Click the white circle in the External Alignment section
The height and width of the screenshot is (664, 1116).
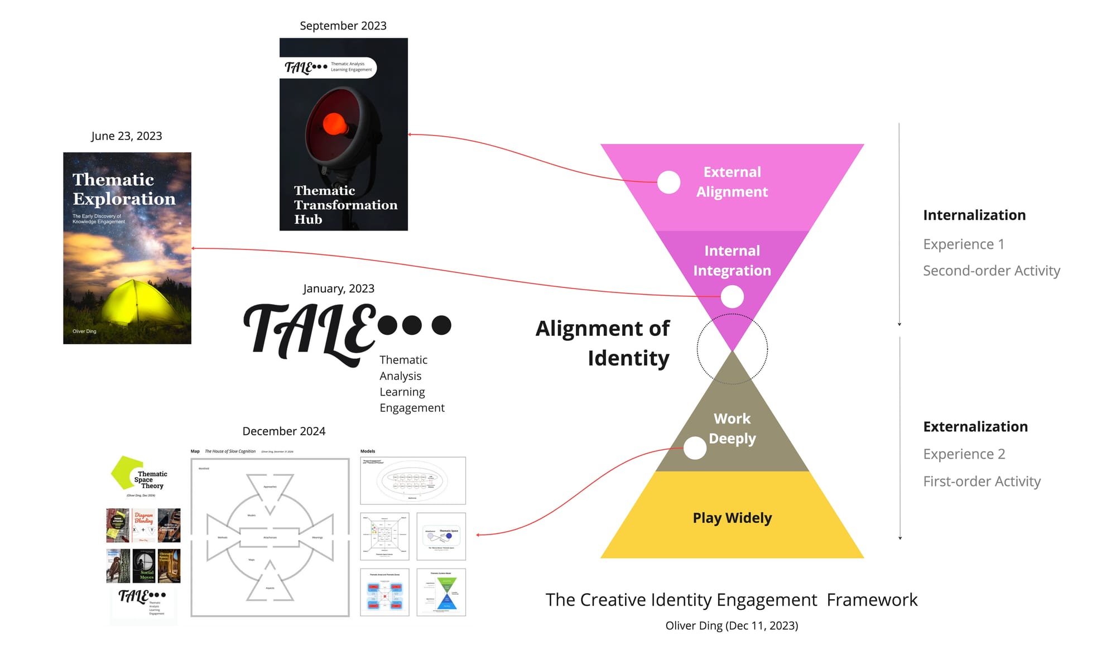[x=668, y=182]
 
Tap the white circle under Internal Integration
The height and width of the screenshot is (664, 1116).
[x=732, y=296]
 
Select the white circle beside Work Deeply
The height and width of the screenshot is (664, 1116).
[x=695, y=448]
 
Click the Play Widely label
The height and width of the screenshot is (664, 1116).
[x=732, y=518]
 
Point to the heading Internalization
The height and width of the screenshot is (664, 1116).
[x=974, y=215]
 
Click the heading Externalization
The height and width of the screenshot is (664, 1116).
[x=975, y=427]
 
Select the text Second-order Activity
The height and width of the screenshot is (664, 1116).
[x=991, y=271]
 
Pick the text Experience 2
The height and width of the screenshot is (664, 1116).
[x=964, y=454]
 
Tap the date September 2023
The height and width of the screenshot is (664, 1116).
[x=343, y=26]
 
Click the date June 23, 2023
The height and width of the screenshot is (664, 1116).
[x=126, y=136]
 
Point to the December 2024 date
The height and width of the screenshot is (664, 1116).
[x=283, y=431]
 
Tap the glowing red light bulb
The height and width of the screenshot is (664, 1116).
[x=335, y=123]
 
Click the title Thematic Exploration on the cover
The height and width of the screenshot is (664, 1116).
[x=123, y=189]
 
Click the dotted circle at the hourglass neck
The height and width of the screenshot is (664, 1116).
[x=732, y=349]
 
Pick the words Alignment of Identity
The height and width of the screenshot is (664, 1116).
[x=603, y=343]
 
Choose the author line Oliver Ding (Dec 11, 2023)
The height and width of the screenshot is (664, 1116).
[x=732, y=625]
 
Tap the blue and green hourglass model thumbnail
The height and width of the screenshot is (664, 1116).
[x=441, y=593]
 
